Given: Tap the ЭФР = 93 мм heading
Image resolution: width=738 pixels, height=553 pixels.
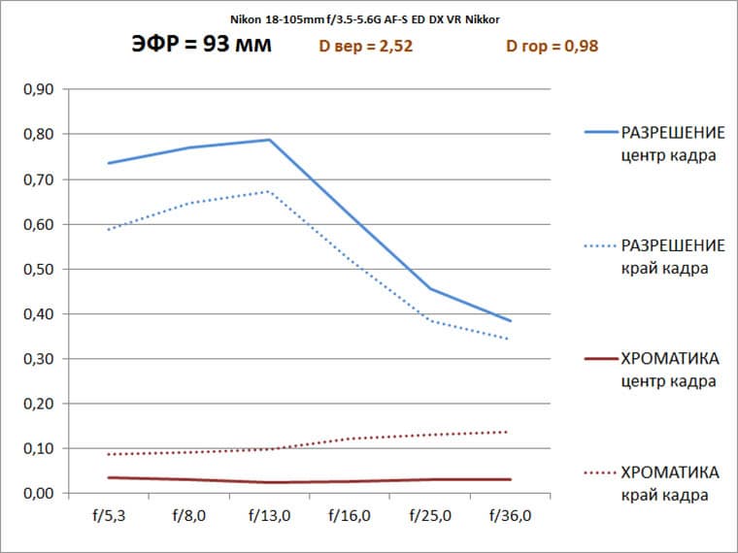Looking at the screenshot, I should click(x=201, y=45).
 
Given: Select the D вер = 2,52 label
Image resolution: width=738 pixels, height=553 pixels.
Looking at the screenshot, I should click(x=366, y=46).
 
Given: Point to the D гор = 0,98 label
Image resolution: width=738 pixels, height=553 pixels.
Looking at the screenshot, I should click(x=557, y=46).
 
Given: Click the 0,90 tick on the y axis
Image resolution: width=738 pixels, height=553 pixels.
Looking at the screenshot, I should click(x=38, y=89).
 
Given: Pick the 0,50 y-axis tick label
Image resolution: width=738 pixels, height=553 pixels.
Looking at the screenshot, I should click(x=38, y=269).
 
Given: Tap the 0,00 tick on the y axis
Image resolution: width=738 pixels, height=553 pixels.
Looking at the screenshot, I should click(x=38, y=493).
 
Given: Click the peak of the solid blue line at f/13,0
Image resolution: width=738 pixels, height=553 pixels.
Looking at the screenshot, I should click(x=269, y=140).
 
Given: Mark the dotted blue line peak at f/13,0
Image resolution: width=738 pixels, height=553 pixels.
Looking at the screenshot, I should click(x=269, y=191).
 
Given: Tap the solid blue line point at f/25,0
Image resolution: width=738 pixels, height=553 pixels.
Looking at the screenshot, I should click(x=429, y=288).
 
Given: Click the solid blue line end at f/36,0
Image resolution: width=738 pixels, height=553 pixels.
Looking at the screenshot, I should click(x=510, y=320).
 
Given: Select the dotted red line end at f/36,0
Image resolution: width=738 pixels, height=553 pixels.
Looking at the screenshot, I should click(x=510, y=432).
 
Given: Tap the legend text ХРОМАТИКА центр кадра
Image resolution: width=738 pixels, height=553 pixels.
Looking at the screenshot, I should click(x=669, y=370).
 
